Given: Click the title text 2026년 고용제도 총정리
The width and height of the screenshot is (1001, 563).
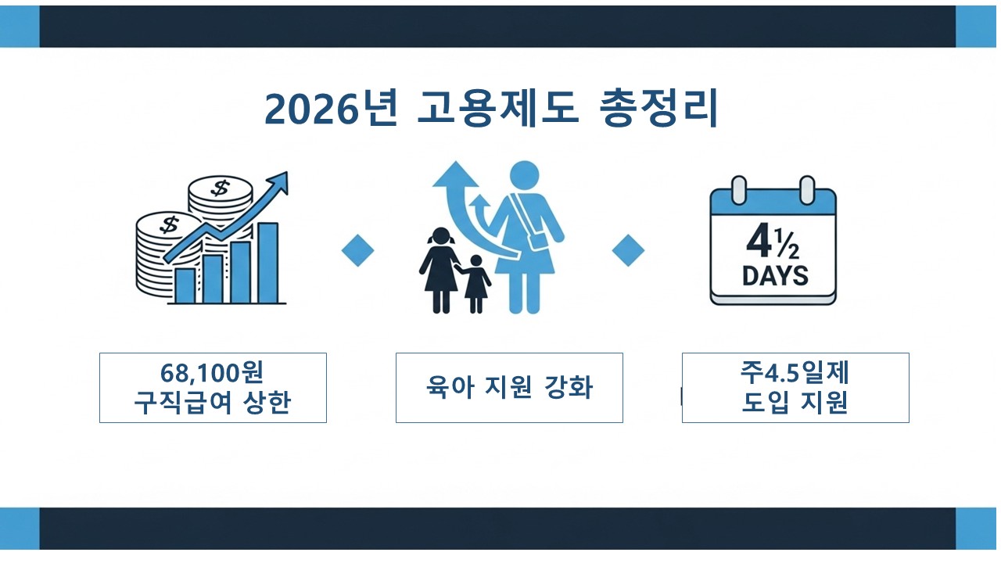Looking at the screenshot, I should click(x=491, y=109).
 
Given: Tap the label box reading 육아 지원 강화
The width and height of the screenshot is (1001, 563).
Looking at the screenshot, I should click(x=509, y=388).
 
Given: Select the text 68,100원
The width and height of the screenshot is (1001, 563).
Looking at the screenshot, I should click(x=212, y=372).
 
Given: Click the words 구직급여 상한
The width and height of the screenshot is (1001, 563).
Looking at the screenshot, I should click(x=212, y=403).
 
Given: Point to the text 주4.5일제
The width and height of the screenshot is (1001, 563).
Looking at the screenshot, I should click(x=795, y=372).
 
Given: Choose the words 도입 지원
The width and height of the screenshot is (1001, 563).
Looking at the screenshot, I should click(x=795, y=403).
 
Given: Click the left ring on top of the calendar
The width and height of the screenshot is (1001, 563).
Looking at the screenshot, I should click(x=737, y=189).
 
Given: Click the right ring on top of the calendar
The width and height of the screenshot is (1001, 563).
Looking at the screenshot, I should click(x=807, y=189).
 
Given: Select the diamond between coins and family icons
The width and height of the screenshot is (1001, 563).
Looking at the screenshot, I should click(x=357, y=251).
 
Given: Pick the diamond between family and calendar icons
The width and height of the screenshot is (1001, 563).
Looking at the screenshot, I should click(x=628, y=251).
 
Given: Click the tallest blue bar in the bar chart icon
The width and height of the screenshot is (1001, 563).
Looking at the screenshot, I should click(x=267, y=263).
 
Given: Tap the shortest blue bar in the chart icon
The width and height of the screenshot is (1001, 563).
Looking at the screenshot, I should click(x=185, y=285).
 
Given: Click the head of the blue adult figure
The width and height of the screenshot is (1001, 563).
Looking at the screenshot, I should click(x=524, y=177).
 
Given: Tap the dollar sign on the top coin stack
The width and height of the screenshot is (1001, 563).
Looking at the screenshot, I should click(x=221, y=188).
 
